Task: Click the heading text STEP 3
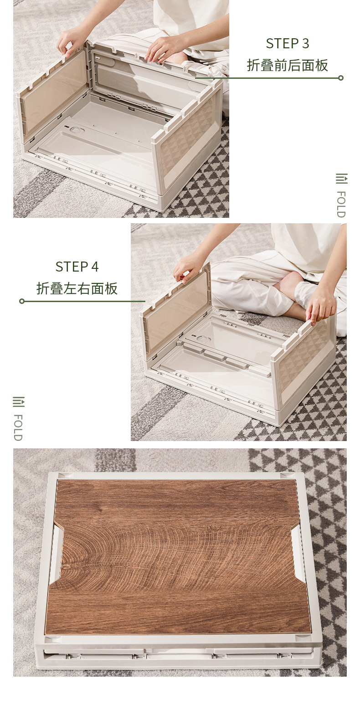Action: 288,43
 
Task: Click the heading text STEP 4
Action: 77,267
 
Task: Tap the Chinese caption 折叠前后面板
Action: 288,65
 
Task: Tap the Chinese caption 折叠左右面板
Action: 77,288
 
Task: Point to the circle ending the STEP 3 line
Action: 341,78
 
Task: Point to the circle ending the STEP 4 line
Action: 22,301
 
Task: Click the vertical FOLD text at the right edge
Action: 341,204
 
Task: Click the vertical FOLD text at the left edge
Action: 18,427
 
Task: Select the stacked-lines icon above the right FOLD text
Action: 342,178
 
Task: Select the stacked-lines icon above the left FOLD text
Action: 19,401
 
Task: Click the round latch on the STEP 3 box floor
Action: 76,129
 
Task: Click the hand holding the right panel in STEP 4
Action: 321,304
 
